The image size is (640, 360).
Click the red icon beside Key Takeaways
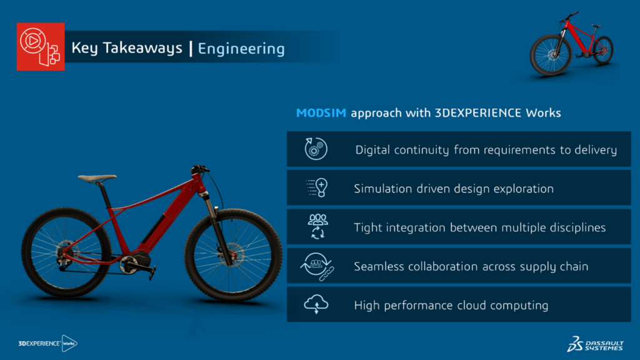[41, 46]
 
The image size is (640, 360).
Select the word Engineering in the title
[241, 49]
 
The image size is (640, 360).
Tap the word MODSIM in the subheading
[321, 112]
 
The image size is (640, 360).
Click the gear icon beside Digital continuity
[316, 149]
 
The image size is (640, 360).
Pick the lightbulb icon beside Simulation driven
[317, 187]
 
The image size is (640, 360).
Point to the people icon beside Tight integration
[317, 226]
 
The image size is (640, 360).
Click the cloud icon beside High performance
[316, 304]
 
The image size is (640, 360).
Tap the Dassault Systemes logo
[596, 344]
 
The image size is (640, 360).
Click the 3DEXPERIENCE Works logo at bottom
[47, 343]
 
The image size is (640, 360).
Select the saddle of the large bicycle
[97, 178]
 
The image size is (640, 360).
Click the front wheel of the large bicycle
[233, 256]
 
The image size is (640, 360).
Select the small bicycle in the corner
[571, 44]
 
